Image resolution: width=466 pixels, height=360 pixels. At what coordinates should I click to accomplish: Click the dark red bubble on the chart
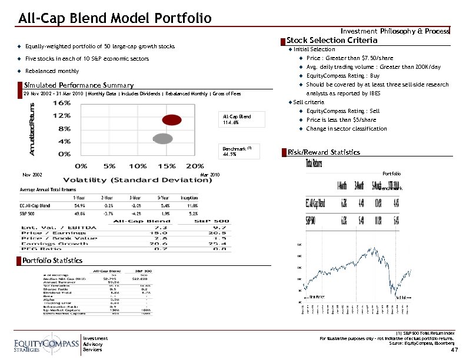click(x=171, y=120)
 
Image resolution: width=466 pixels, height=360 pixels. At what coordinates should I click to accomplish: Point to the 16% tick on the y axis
click(x=64, y=102)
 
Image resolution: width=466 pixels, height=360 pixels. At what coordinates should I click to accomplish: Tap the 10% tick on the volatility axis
click(x=138, y=166)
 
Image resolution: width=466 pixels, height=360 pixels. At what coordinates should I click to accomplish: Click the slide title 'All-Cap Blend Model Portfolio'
click(x=115, y=18)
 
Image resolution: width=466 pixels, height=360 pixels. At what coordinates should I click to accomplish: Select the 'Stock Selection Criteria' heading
click(x=332, y=40)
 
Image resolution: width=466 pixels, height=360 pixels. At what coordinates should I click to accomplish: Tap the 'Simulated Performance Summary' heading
click(x=79, y=86)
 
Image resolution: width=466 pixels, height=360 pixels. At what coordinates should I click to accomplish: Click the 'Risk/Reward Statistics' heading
click(x=324, y=152)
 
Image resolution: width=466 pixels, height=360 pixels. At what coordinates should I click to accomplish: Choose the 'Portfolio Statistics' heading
click(x=53, y=260)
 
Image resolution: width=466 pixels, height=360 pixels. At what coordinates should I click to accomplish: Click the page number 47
click(x=454, y=350)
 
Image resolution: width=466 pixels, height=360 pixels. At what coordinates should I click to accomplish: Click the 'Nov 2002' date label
click(x=32, y=175)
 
